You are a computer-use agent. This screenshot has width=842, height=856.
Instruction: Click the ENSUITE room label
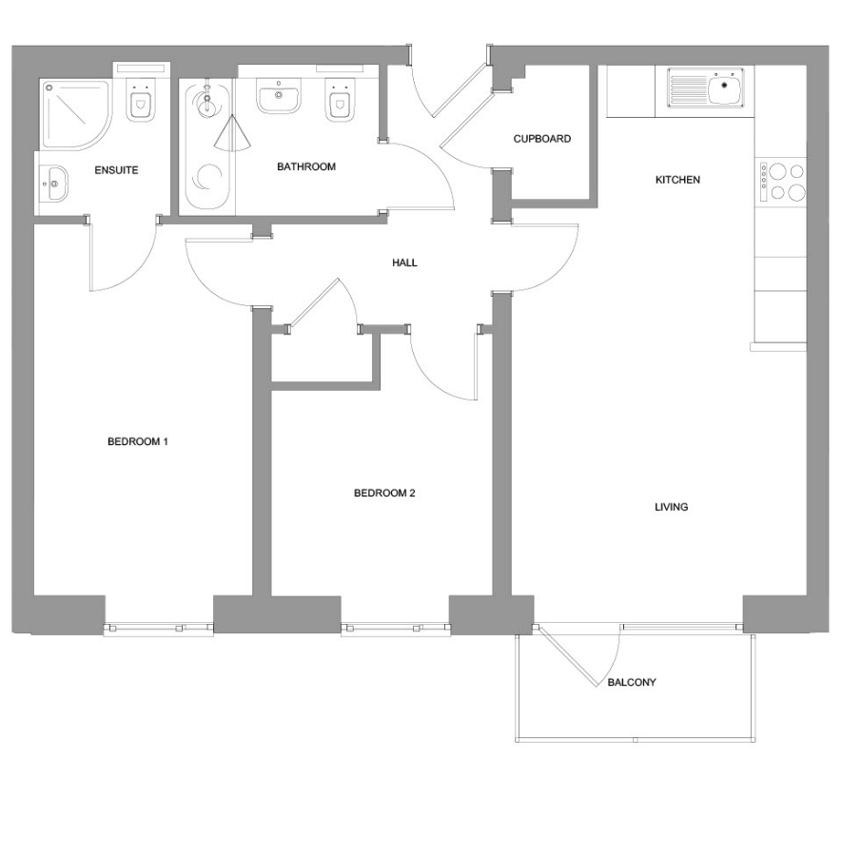[x=116, y=170]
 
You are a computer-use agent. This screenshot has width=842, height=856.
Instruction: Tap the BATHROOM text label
[x=305, y=166]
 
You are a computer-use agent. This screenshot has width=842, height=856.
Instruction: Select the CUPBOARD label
[x=541, y=139]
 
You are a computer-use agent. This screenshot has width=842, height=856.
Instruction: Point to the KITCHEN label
[x=677, y=180]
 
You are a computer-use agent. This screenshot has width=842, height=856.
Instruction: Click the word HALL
[x=404, y=263]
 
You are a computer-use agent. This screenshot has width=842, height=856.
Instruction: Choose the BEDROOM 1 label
[x=138, y=441]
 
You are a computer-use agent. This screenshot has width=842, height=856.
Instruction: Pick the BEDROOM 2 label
[x=384, y=493]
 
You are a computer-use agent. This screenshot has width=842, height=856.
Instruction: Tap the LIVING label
[x=671, y=507]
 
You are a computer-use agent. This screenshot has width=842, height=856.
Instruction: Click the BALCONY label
[x=632, y=682]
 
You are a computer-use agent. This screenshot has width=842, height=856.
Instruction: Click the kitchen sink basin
[x=725, y=88]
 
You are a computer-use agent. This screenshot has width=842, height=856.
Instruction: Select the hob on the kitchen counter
[x=780, y=182]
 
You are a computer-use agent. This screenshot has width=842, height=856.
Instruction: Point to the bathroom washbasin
[x=279, y=95]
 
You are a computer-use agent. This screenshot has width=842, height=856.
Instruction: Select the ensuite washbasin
[x=53, y=184]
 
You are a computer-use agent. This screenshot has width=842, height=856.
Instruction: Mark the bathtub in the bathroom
[x=206, y=146]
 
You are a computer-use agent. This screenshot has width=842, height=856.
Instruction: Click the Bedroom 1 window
[x=159, y=629]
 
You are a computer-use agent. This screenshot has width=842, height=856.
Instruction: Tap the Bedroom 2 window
[x=396, y=629]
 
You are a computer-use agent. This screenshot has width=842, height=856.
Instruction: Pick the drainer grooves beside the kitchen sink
[x=687, y=88]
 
